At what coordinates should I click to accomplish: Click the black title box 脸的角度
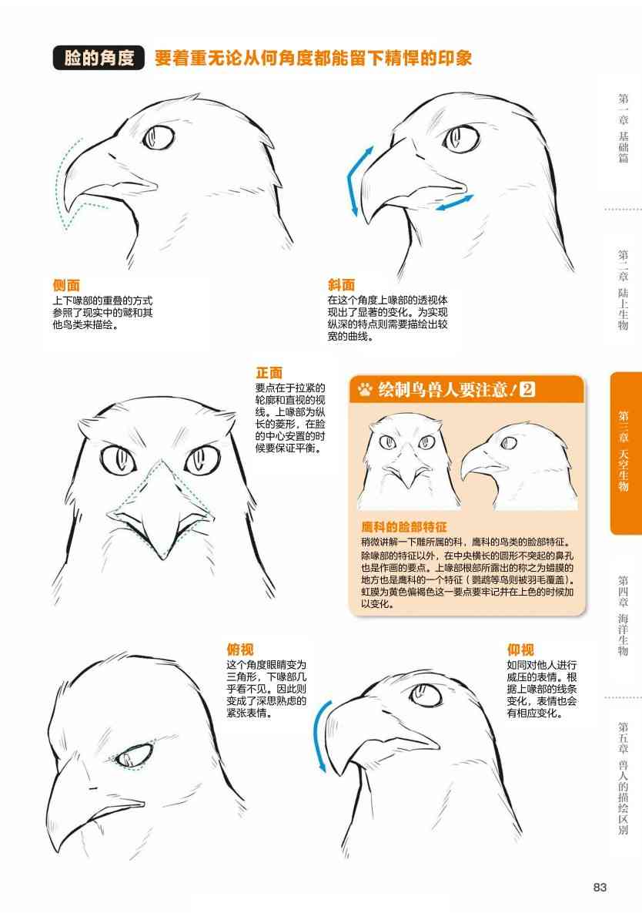(99, 58)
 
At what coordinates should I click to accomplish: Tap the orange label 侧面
(66, 285)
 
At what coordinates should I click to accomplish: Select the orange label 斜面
(341, 284)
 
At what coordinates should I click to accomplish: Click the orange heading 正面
(269, 373)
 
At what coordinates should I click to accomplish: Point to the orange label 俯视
(240, 650)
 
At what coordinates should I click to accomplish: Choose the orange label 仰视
(520, 650)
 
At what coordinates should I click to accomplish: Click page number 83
(599, 887)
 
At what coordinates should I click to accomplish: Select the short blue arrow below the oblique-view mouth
(454, 203)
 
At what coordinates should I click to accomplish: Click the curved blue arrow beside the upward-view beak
(319, 734)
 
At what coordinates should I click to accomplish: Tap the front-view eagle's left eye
(119, 458)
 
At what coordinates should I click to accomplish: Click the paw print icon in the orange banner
(365, 389)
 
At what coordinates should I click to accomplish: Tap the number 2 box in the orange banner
(528, 389)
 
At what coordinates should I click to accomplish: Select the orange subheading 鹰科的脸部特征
(404, 527)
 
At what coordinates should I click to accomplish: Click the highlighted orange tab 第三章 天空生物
(626, 452)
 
